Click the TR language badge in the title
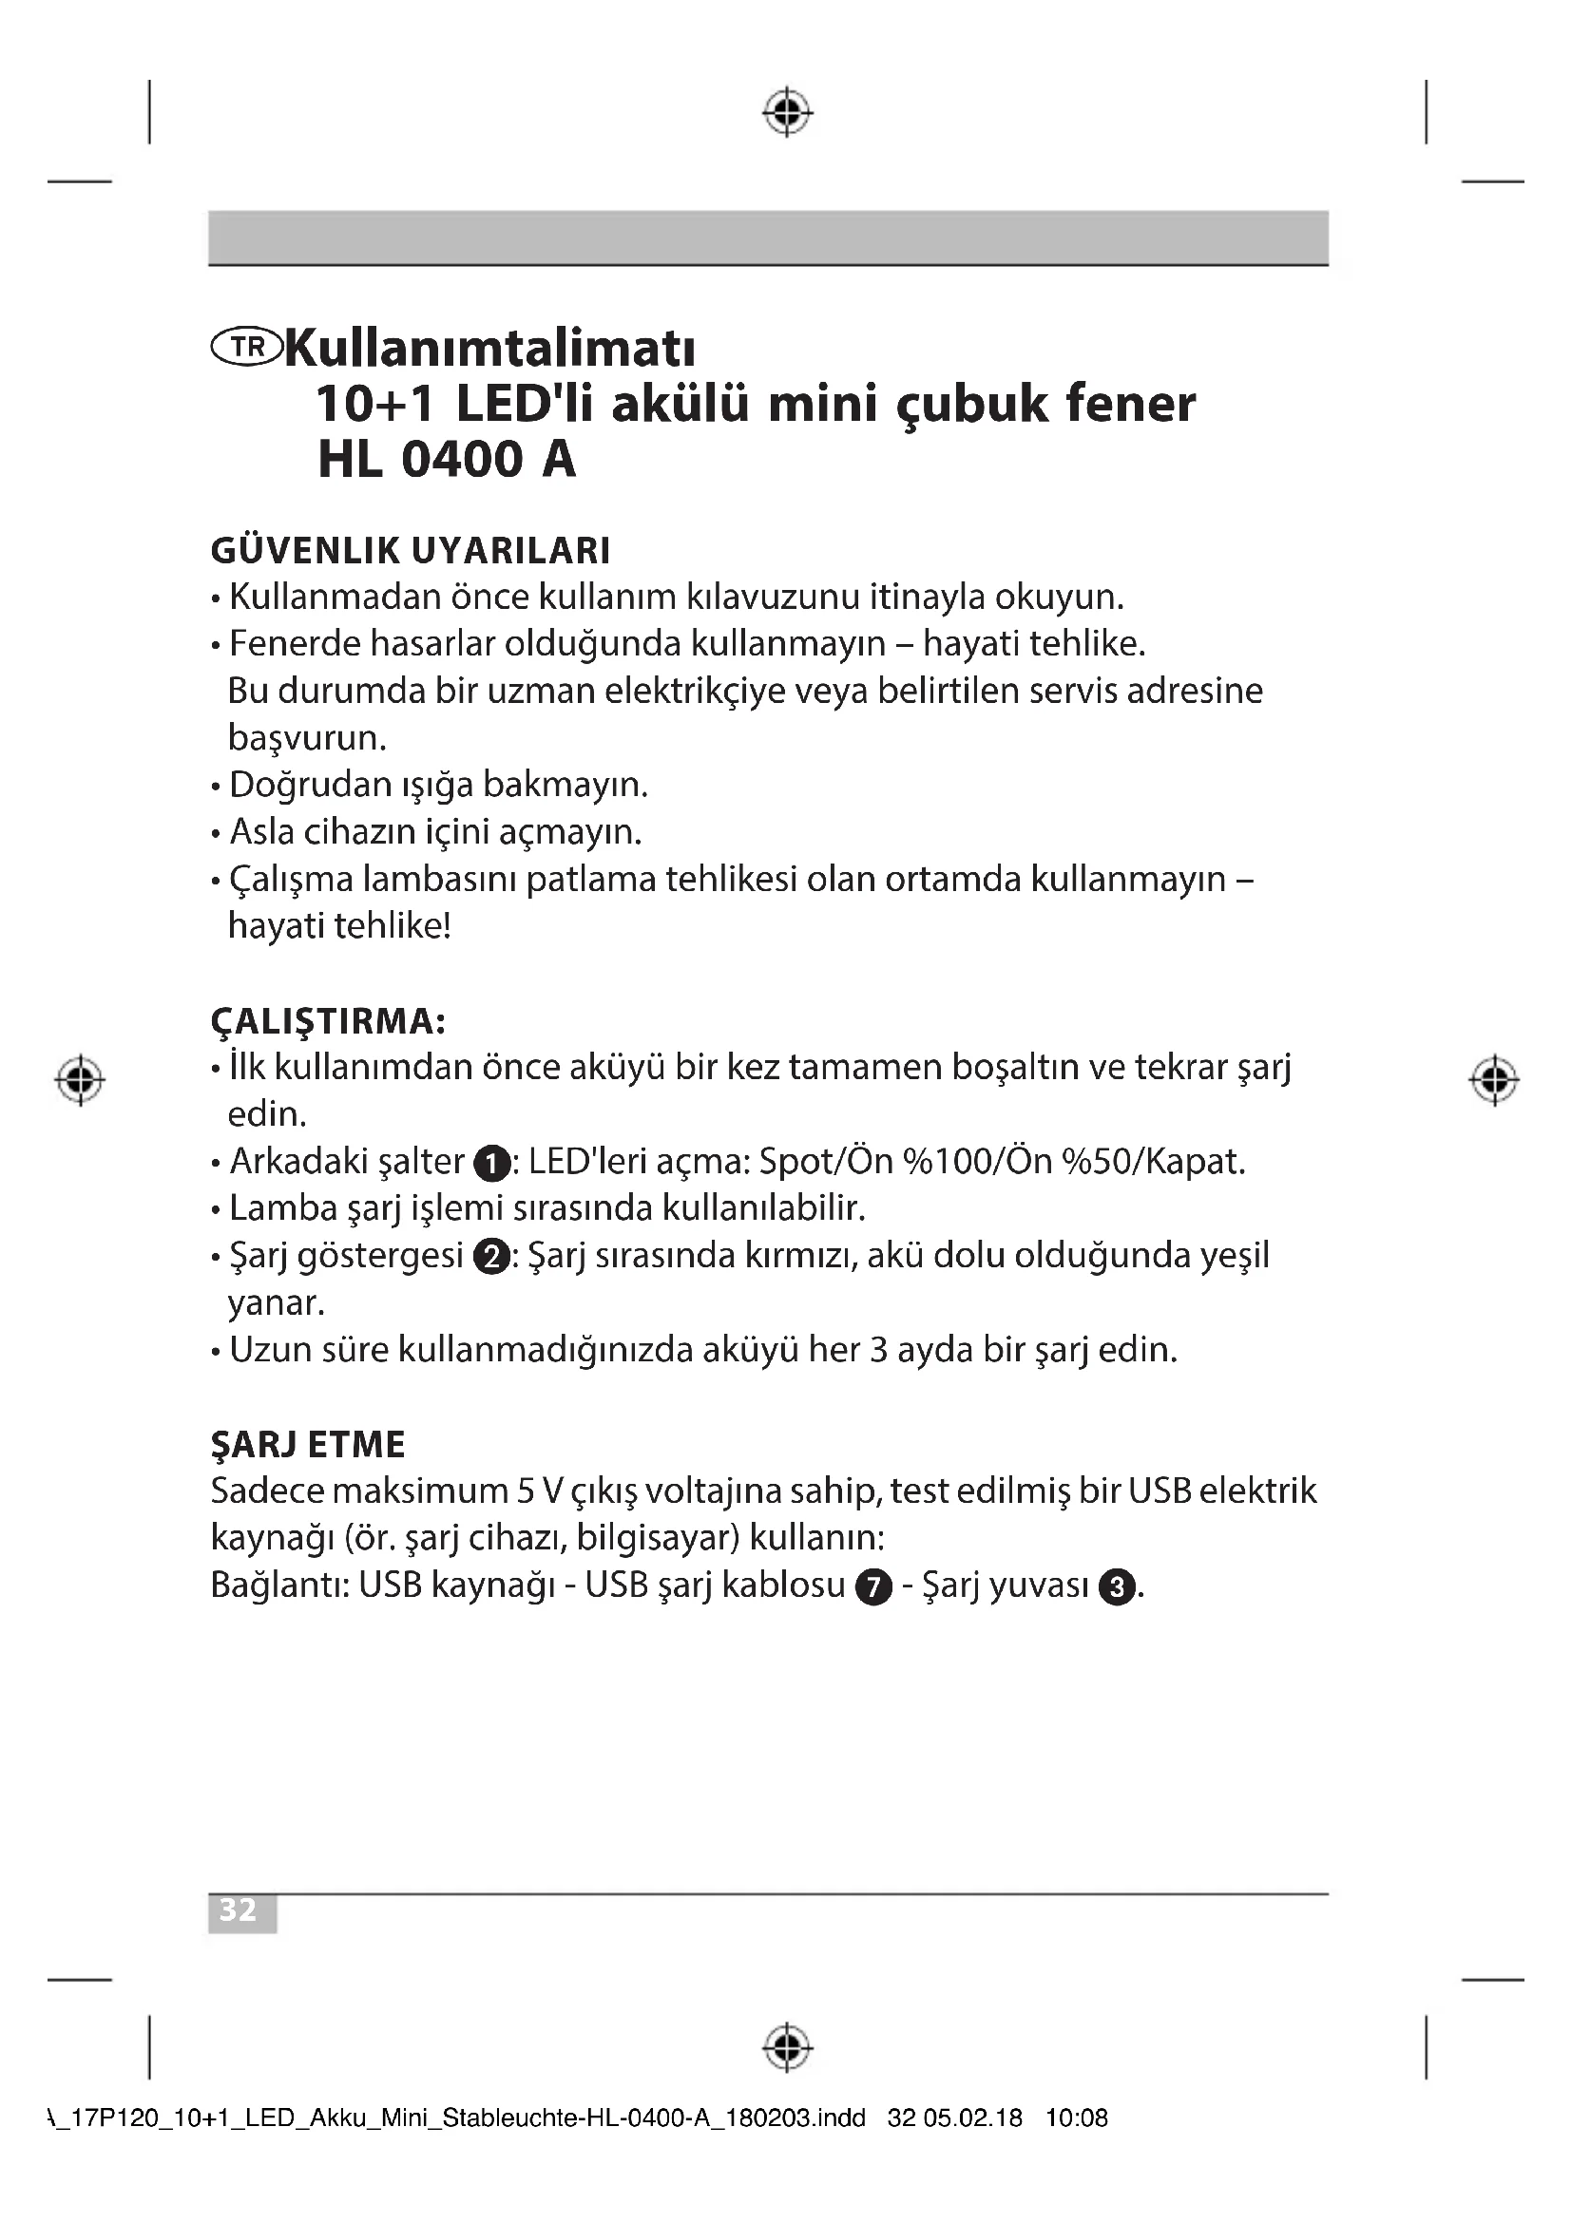(x=246, y=348)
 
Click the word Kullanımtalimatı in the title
(x=490, y=349)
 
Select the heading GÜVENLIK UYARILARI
(x=411, y=551)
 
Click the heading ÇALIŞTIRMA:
(x=328, y=1021)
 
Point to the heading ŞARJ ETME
(x=308, y=1445)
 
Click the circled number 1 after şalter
(x=491, y=1164)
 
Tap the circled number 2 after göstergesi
(x=491, y=1257)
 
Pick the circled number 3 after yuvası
(x=1118, y=1588)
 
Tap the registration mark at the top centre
(x=787, y=112)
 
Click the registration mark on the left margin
(x=81, y=1079)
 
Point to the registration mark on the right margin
(x=1494, y=1079)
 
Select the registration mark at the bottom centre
(x=787, y=2048)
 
